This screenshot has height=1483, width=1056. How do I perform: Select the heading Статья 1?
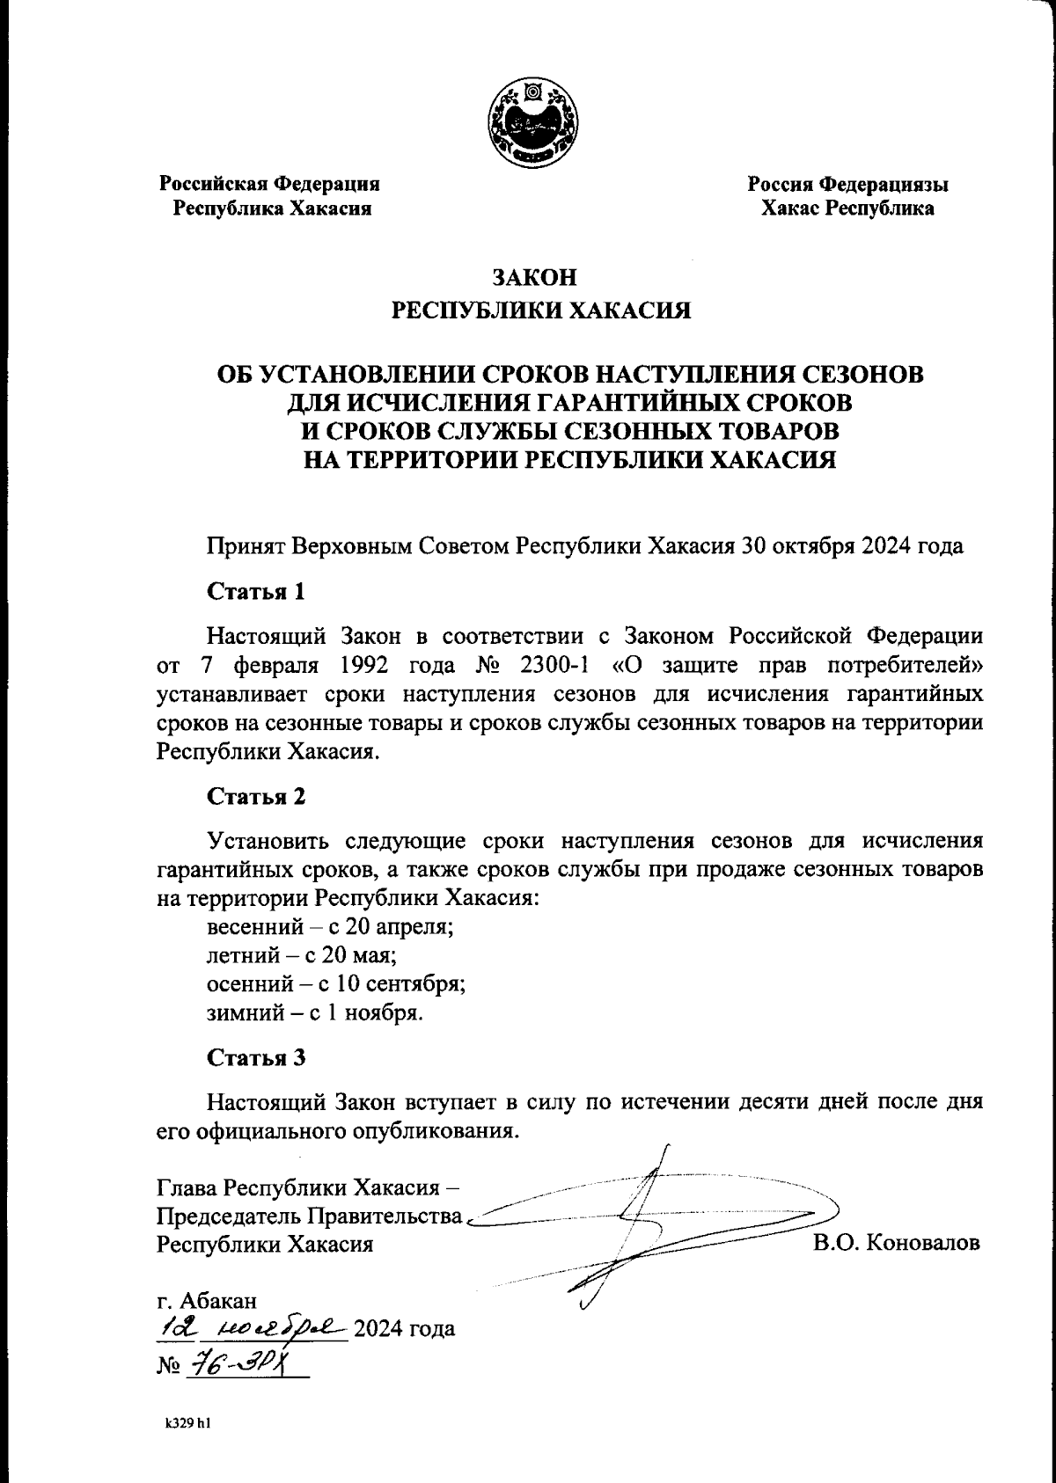coord(256,591)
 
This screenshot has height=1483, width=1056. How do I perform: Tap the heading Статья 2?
coord(256,797)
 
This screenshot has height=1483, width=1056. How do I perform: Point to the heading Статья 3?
coord(256,1058)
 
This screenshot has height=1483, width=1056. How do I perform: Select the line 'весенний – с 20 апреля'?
coord(330,926)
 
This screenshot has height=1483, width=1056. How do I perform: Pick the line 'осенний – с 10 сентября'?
coord(336,983)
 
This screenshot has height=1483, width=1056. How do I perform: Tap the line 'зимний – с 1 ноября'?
coord(315,1012)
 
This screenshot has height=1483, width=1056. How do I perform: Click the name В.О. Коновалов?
coord(897,1244)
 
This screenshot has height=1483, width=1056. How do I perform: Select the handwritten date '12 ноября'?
coord(251,1327)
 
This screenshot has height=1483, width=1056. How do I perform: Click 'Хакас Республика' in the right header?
coord(847,209)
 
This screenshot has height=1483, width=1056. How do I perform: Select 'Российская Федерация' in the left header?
coord(269,185)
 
